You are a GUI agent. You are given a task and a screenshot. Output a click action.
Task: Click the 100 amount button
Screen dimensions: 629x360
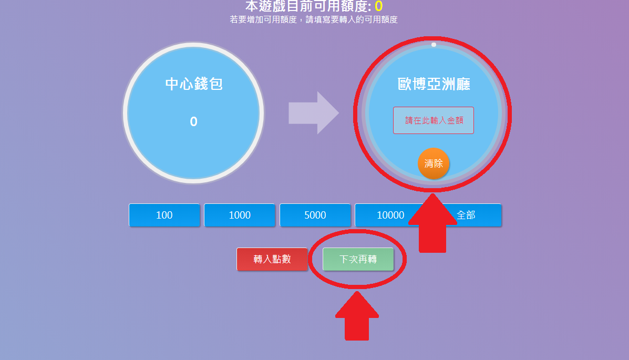pyautogui.click(x=164, y=215)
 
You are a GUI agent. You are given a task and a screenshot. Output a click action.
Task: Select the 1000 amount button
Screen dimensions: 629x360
pyautogui.click(x=240, y=215)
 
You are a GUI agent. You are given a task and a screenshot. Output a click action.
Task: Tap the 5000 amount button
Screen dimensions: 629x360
pyautogui.click(x=315, y=215)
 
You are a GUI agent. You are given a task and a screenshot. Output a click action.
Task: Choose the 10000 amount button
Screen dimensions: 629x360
pyautogui.click(x=390, y=215)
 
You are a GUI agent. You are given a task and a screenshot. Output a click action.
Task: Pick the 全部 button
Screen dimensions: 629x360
pyautogui.click(x=466, y=215)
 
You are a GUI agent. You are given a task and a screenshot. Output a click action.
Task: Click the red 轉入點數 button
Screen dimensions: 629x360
pyautogui.click(x=272, y=259)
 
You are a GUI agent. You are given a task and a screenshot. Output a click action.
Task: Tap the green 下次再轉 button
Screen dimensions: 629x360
pyautogui.click(x=358, y=259)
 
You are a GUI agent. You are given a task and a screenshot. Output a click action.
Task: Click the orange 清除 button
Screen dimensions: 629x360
pyautogui.click(x=434, y=164)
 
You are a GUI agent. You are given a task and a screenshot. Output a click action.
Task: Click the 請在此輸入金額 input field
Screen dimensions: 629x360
pyautogui.click(x=433, y=120)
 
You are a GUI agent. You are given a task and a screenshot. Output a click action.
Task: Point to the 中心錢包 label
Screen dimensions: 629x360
pyautogui.click(x=194, y=84)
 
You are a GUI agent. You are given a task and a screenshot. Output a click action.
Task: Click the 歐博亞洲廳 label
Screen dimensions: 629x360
pyautogui.click(x=434, y=84)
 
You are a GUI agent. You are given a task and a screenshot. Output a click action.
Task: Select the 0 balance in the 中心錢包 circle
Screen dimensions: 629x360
pyautogui.click(x=194, y=121)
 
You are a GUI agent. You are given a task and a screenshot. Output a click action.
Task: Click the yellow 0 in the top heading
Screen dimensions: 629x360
pyautogui.click(x=379, y=6)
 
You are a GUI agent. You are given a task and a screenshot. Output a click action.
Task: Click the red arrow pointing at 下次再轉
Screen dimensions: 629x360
pyautogui.click(x=357, y=316)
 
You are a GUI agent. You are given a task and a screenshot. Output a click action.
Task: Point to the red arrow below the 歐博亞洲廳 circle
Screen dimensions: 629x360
pyautogui.click(x=432, y=223)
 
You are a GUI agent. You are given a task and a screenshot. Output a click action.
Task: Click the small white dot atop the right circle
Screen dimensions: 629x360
pyautogui.click(x=434, y=45)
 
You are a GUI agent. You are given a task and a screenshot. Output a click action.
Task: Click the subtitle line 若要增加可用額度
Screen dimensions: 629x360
pyautogui.click(x=314, y=19)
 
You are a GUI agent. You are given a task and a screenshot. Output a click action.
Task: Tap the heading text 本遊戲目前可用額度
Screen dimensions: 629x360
pyautogui.click(x=308, y=6)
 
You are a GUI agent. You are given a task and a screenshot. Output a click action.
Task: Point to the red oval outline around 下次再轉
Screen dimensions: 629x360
pyautogui.click(x=357, y=259)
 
